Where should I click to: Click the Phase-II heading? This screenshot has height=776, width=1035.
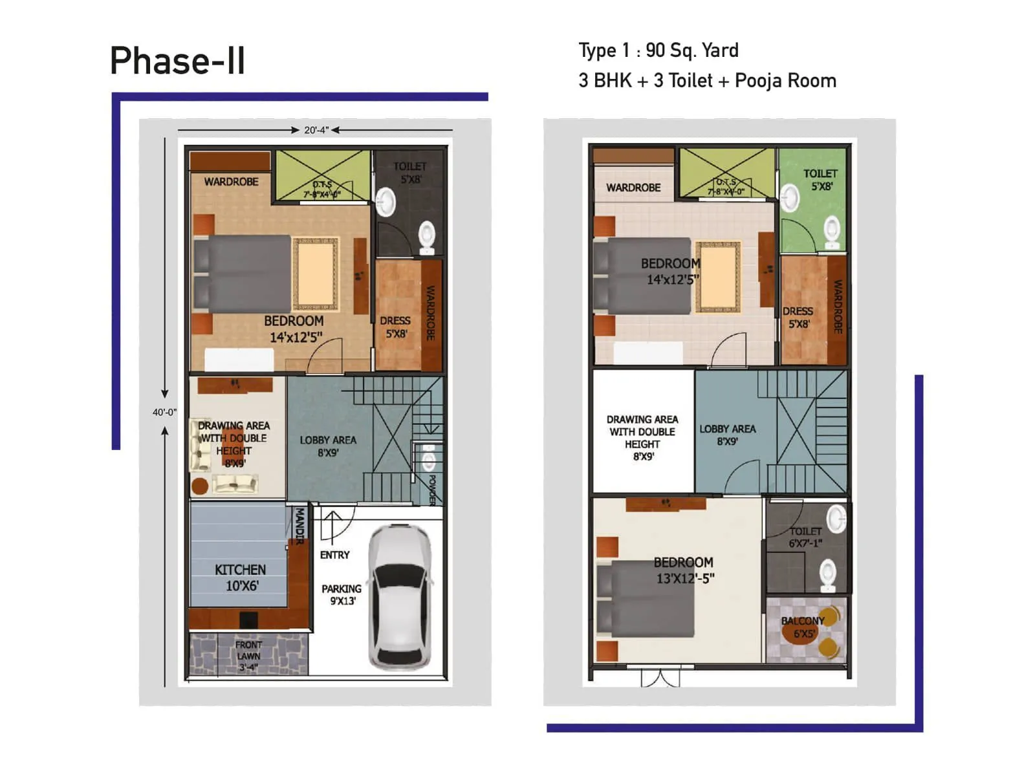coord(177,61)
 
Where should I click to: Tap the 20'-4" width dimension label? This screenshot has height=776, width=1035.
coord(316,130)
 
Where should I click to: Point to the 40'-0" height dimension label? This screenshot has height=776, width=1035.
coord(164,412)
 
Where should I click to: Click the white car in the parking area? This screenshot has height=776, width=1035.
coord(399,597)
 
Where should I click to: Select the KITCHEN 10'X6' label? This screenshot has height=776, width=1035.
coord(241,577)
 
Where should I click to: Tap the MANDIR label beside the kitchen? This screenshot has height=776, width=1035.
coord(300,526)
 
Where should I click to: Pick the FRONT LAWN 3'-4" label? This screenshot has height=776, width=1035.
coord(248,656)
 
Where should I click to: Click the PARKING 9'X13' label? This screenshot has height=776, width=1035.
coord(342,594)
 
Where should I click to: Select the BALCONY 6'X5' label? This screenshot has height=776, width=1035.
coord(803,627)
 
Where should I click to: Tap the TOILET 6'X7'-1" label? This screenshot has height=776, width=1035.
coord(805,537)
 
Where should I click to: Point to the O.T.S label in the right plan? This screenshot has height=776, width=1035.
coord(726,186)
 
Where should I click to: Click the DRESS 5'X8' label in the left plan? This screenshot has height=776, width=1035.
coord(395,327)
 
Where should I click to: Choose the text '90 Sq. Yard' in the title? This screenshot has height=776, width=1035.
coord(692,50)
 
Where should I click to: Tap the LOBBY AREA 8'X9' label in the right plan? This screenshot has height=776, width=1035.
coord(727,435)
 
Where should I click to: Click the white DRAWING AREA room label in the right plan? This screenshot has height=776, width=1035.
coord(642,437)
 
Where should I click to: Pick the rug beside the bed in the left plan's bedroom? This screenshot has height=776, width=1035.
coord(316,274)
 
